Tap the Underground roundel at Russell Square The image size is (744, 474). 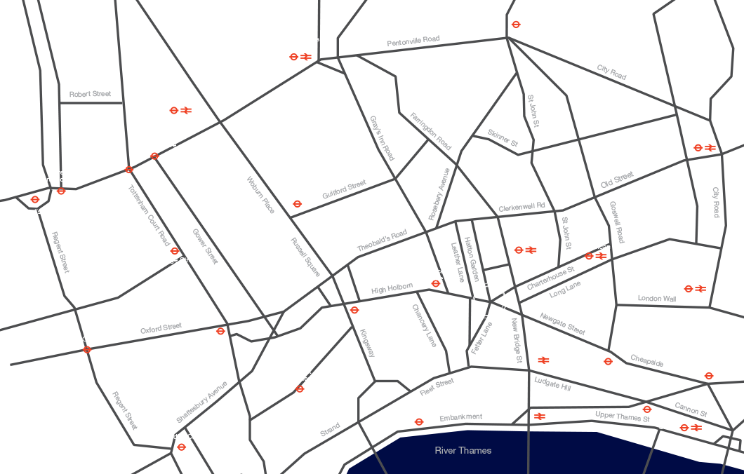tap(297, 204)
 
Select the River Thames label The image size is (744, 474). tap(463, 450)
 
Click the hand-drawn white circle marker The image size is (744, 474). tap(489, 300)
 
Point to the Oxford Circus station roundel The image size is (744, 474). tap(87, 349)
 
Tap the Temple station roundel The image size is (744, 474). tap(419, 422)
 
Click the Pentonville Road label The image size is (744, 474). tap(413, 41)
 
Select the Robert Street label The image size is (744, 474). tap(90, 94)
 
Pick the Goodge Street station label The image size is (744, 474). tap(175, 260)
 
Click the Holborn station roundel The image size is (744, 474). tap(354, 310)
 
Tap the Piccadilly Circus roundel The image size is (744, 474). tap(181, 447)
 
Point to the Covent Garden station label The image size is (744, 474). tap(300, 375)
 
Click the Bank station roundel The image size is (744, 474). tap(709, 376)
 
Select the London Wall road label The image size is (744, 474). tap(657, 299)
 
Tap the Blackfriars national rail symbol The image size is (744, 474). tap(540, 417)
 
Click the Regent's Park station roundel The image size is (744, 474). tap(35, 200)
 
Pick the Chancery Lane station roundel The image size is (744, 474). tap(435, 284)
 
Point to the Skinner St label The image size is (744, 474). tap(503, 137)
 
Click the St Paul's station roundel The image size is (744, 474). tap(608, 362)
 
